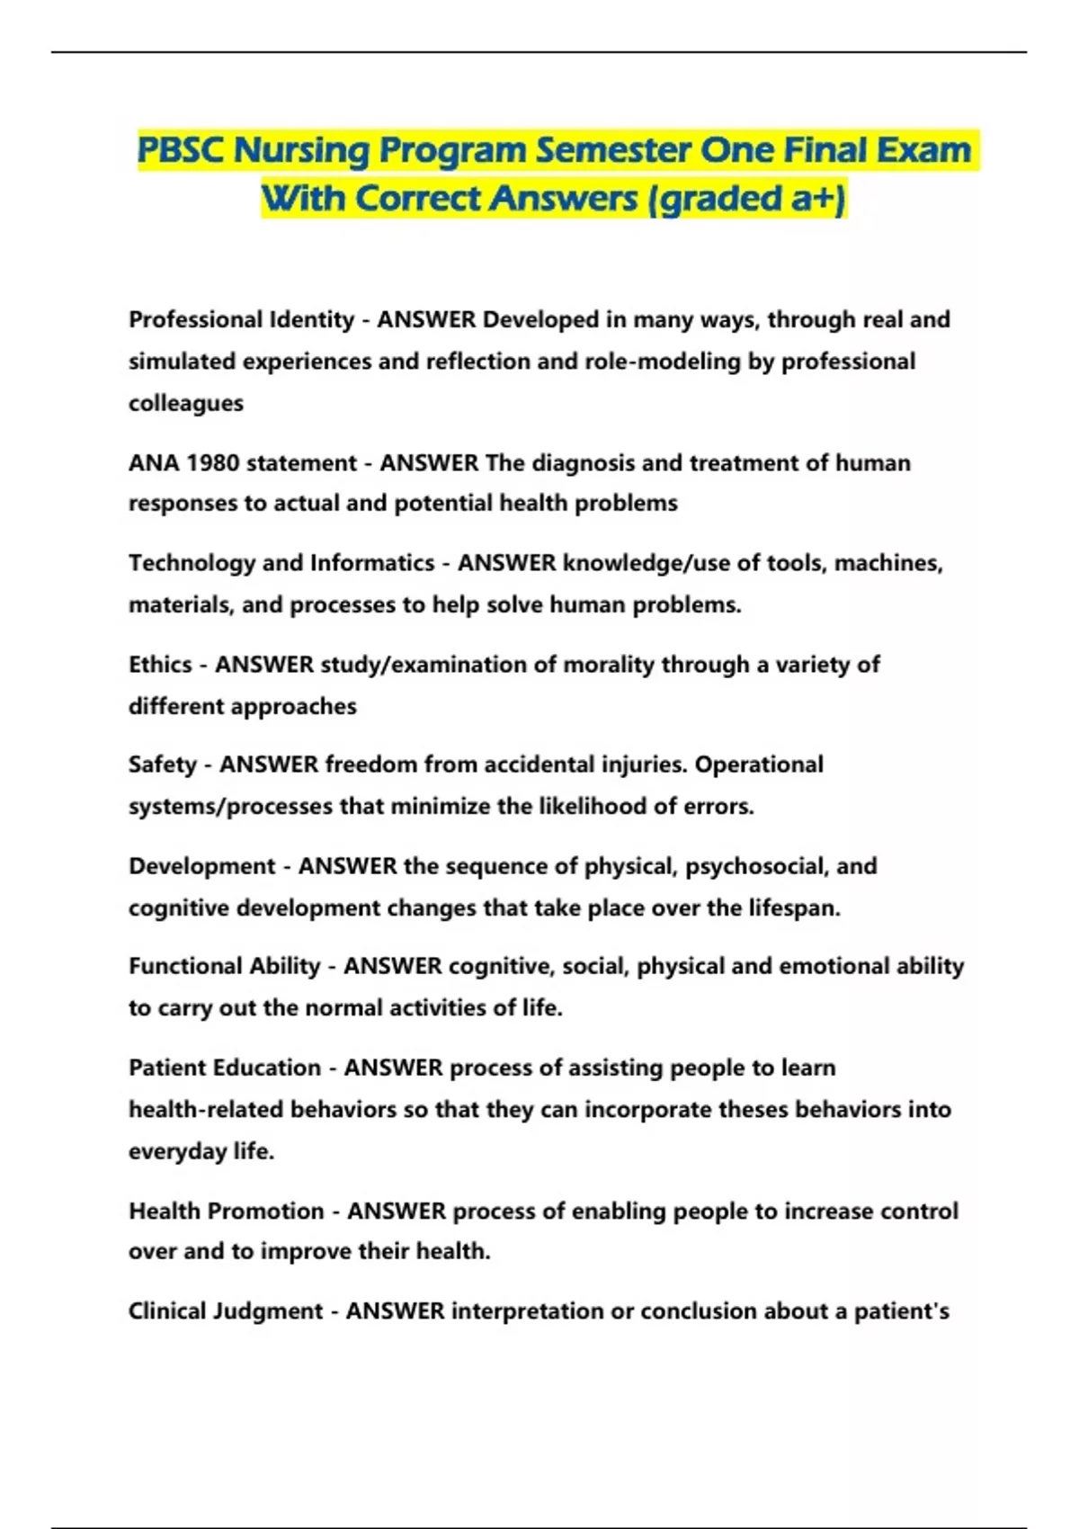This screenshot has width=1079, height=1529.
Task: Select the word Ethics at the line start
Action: [160, 665]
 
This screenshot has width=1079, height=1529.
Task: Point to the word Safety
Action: [162, 764]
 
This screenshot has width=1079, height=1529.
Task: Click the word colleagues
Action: [185, 403]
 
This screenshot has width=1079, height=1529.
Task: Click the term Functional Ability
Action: [224, 966]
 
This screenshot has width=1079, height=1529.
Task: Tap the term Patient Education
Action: [224, 1068]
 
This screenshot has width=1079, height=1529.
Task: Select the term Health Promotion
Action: [226, 1212]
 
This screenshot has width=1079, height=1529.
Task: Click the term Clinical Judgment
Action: [225, 1311]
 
